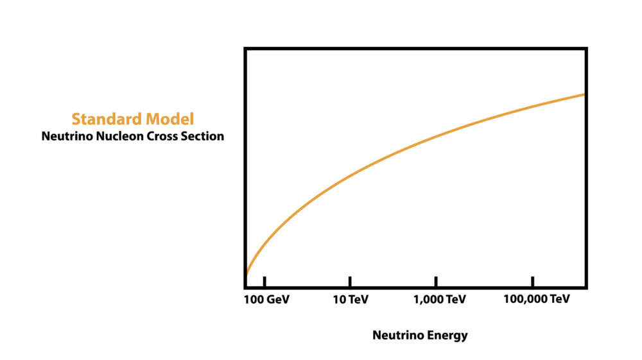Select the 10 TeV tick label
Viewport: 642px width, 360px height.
click(x=350, y=300)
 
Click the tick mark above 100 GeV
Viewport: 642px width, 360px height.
click(x=265, y=282)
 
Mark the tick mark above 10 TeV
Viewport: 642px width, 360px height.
click(x=350, y=282)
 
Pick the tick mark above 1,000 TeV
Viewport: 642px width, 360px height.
click(x=436, y=282)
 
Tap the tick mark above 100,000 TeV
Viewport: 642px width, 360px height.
click(x=533, y=282)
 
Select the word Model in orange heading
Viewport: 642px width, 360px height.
click(x=169, y=119)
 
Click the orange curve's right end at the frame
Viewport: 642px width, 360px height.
click(x=584, y=94)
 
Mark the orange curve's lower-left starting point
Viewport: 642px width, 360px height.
click(x=247, y=275)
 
